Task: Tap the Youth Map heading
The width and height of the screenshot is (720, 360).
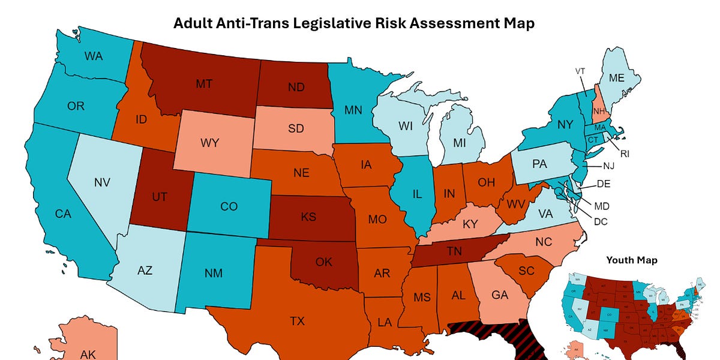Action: pyautogui.click(x=631, y=260)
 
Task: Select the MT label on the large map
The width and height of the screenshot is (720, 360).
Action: pyautogui.click(x=203, y=84)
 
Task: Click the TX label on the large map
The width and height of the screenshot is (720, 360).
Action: pyautogui.click(x=297, y=321)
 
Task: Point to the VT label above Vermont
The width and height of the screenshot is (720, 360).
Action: pyautogui.click(x=580, y=71)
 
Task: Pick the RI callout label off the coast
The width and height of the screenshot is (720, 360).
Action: pyautogui.click(x=625, y=154)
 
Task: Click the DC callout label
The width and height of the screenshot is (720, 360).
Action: pyautogui.click(x=600, y=221)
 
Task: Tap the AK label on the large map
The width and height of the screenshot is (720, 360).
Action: pyautogui.click(x=88, y=354)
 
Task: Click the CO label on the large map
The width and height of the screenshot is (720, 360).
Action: pyautogui.click(x=229, y=206)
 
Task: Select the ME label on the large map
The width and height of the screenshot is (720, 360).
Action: pyautogui.click(x=616, y=78)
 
